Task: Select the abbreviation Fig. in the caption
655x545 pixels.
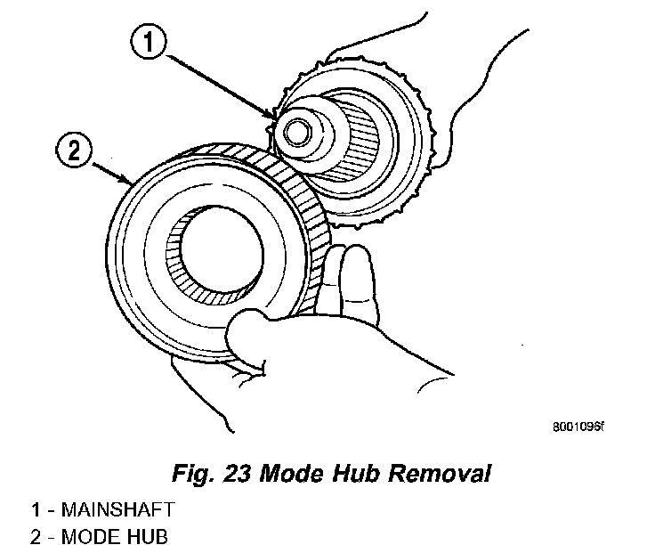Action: [192, 473]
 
